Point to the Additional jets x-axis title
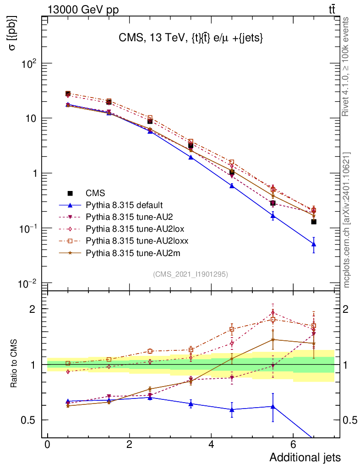point(305,457)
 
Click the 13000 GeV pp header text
point(83,9)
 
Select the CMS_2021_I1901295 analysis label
point(190,274)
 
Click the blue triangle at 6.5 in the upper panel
point(314,244)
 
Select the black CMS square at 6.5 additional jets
point(314,222)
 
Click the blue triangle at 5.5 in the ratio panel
point(273,406)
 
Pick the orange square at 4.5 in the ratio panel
point(232,329)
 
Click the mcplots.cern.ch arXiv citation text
point(347,220)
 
